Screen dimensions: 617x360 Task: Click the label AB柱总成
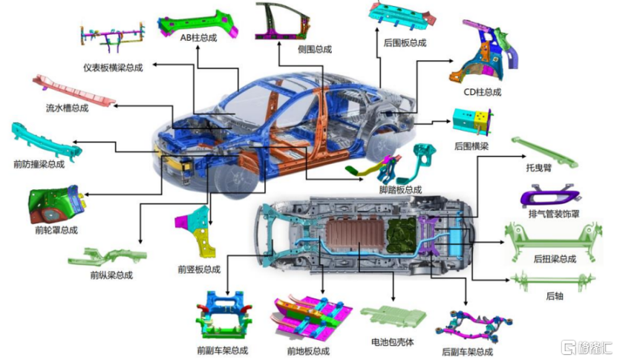pyautogui.click(x=198, y=38)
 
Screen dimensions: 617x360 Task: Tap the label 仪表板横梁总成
pyautogui.click(x=113, y=68)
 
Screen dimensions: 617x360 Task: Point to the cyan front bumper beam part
pyautogui.click(x=47, y=142)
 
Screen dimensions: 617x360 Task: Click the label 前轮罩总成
pyautogui.click(x=56, y=230)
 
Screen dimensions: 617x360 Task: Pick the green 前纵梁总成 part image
pyautogui.click(x=107, y=257)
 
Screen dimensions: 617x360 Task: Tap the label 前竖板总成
pyautogui.click(x=199, y=269)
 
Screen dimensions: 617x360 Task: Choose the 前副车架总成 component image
pyautogui.click(x=224, y=315)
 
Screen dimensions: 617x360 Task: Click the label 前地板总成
pyautogui.click(x=308, y=351)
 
